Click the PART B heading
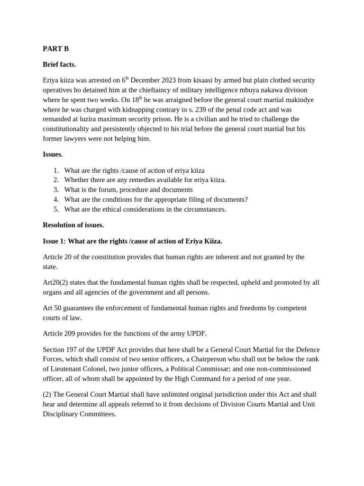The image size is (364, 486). click(55, 48)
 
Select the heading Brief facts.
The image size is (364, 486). click(59, 64)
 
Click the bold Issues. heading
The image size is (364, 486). click(53, 154)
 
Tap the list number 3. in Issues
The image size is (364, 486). click(56, 190)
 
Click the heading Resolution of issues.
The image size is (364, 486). click(73, 225)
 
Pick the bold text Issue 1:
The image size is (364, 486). click(55, 241)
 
